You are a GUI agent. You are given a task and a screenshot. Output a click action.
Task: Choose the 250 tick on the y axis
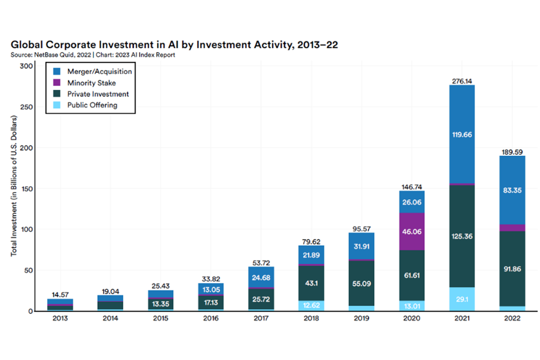pyautogui.click(x=25, y=107)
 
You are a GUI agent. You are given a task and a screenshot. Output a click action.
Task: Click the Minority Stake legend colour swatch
pyautogui.click(x=57, y=83)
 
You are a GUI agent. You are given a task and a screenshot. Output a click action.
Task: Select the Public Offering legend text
pyautogui.click(x=92, y=105)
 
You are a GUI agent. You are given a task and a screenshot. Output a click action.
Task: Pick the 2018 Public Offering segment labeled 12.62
pyautogui.click(x=312, y=305)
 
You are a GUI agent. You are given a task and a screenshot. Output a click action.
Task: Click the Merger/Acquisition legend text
pyautogui.click(x=100, y=71)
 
